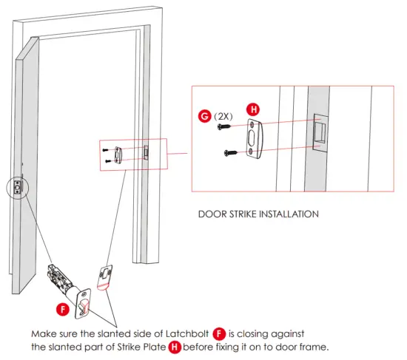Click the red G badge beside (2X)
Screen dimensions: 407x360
pos(204,115)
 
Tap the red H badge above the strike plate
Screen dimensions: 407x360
pos(253,109)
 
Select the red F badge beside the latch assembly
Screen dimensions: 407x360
pos(63,310)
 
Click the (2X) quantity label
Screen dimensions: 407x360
pos(223,117)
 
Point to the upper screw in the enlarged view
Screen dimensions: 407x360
pos(224,126)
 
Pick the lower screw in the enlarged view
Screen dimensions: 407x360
pos(231,153)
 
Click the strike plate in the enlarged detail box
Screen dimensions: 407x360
pos(255,138)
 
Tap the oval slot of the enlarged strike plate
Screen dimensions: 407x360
pos(252,139)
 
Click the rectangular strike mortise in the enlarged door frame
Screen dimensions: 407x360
pos(320,132)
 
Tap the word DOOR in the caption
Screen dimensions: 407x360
pos(212,214)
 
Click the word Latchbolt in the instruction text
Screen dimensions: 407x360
pos(187,333)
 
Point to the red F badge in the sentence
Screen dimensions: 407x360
pos(219,333)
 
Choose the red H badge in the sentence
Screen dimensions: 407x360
pos(175,347)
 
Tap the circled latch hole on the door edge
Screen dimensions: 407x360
pos(18,186)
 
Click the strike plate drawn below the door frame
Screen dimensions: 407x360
pos(104,277)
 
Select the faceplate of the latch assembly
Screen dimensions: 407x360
pos(83,304)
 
